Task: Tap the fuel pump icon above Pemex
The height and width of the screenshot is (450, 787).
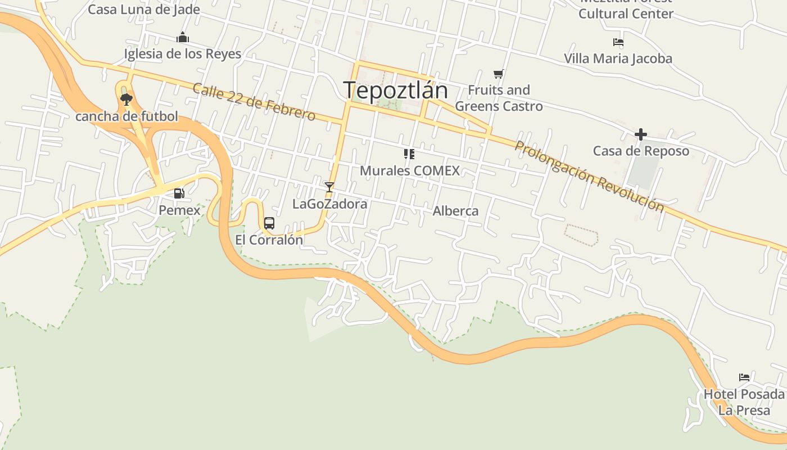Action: coord(179,193)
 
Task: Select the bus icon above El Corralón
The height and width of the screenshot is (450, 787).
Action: coord(269,223)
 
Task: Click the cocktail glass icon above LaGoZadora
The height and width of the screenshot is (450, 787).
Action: coord(329,187)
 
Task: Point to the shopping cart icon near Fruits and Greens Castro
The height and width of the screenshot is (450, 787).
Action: coord(498,74)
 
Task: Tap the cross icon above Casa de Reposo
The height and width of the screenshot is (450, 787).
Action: coord(640,134)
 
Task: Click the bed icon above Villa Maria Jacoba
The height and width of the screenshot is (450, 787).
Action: coord(618,42)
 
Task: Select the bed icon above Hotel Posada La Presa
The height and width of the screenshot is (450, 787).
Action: coord(744,377)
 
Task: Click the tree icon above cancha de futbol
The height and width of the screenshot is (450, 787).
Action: coord(126,100)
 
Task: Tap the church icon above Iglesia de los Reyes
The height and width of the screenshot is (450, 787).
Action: coord(183,38)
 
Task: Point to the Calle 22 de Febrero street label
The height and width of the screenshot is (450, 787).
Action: coord(254,102)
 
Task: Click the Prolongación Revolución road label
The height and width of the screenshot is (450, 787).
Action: coord(589,176)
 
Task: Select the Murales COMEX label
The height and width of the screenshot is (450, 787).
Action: coord(409,170)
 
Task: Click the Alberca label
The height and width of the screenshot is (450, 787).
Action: coord(455,211)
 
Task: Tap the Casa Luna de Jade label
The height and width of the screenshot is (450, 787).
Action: coord(144,10)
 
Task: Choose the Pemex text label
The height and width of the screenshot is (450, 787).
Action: coord(179,210)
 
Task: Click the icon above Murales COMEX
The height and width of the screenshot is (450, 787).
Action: coord(409,154)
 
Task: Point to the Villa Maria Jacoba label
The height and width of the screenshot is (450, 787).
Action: coord(618,58)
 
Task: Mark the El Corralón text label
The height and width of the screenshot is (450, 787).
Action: coord(269,240)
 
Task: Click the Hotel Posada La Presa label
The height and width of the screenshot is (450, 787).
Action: coord(744,402)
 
